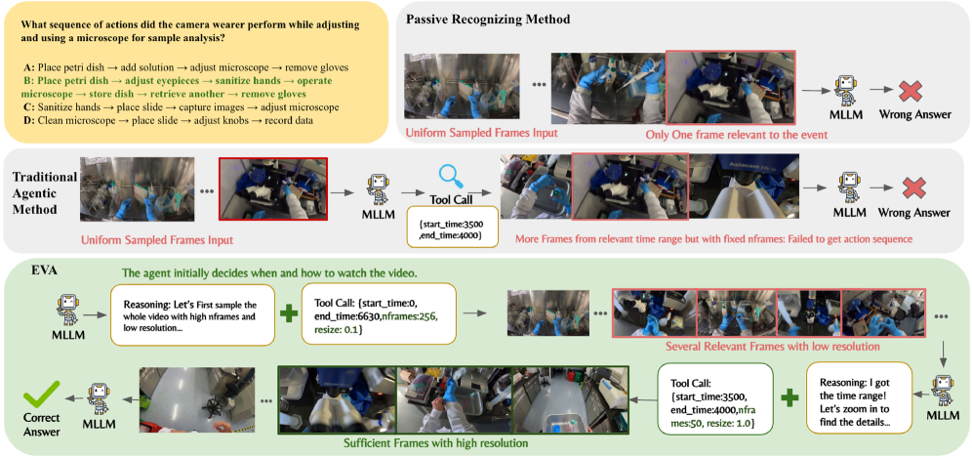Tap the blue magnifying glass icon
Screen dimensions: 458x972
click(x=450, y=175)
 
